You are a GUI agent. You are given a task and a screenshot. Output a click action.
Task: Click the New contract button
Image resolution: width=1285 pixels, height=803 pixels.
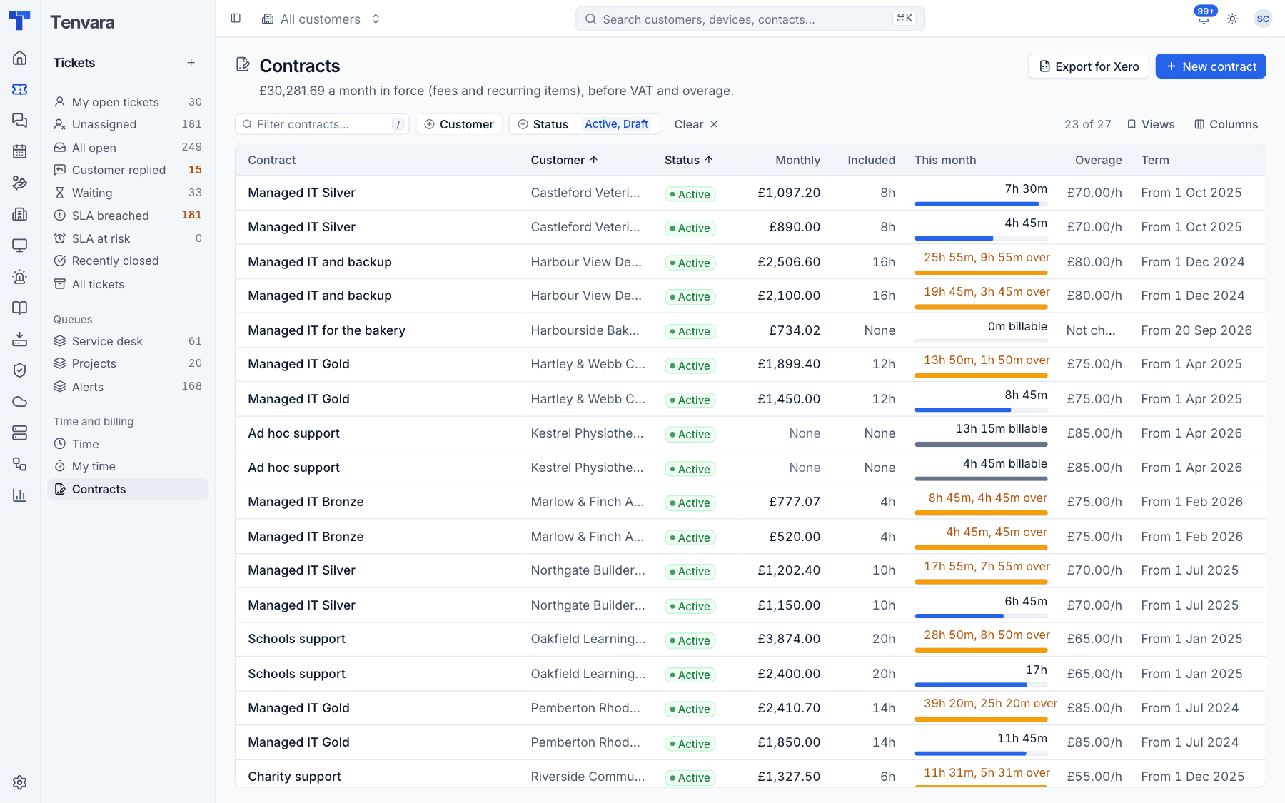pos(1211,66)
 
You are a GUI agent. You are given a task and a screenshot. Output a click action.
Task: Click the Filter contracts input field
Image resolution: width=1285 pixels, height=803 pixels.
pos(322,124)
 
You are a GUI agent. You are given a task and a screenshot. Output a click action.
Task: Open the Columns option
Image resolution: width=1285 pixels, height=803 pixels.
pos(1226,124)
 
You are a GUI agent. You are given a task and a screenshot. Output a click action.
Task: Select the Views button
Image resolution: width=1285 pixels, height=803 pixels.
pos(1151,124)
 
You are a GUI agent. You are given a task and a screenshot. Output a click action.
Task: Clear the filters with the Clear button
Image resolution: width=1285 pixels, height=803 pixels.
pos(696,124)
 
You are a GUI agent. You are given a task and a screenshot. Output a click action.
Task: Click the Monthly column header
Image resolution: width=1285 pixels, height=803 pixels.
pos(797,160)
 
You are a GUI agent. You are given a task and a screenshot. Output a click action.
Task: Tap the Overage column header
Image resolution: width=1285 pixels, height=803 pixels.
pos(1098,160)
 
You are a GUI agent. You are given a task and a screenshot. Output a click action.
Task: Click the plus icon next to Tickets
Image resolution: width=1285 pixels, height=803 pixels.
pos(191,63)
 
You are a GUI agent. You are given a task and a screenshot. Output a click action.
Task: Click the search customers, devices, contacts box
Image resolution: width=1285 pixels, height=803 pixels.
pos(750,19)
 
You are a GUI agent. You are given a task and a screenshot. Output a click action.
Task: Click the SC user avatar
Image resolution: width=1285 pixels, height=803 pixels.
pos(1263,19)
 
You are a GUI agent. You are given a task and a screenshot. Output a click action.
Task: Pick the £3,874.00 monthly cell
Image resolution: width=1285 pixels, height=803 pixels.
pos(789,639)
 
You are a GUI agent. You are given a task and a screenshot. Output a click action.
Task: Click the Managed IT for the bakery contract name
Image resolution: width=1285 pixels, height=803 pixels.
pos(327,330)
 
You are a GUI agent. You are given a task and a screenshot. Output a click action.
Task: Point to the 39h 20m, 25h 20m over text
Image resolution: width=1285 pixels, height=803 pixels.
pos(990,703)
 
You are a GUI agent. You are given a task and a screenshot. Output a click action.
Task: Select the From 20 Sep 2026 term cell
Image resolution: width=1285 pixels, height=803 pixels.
pos(1196,330)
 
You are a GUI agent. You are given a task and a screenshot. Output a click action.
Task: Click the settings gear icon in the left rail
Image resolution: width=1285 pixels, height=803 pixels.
pos(20,782)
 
